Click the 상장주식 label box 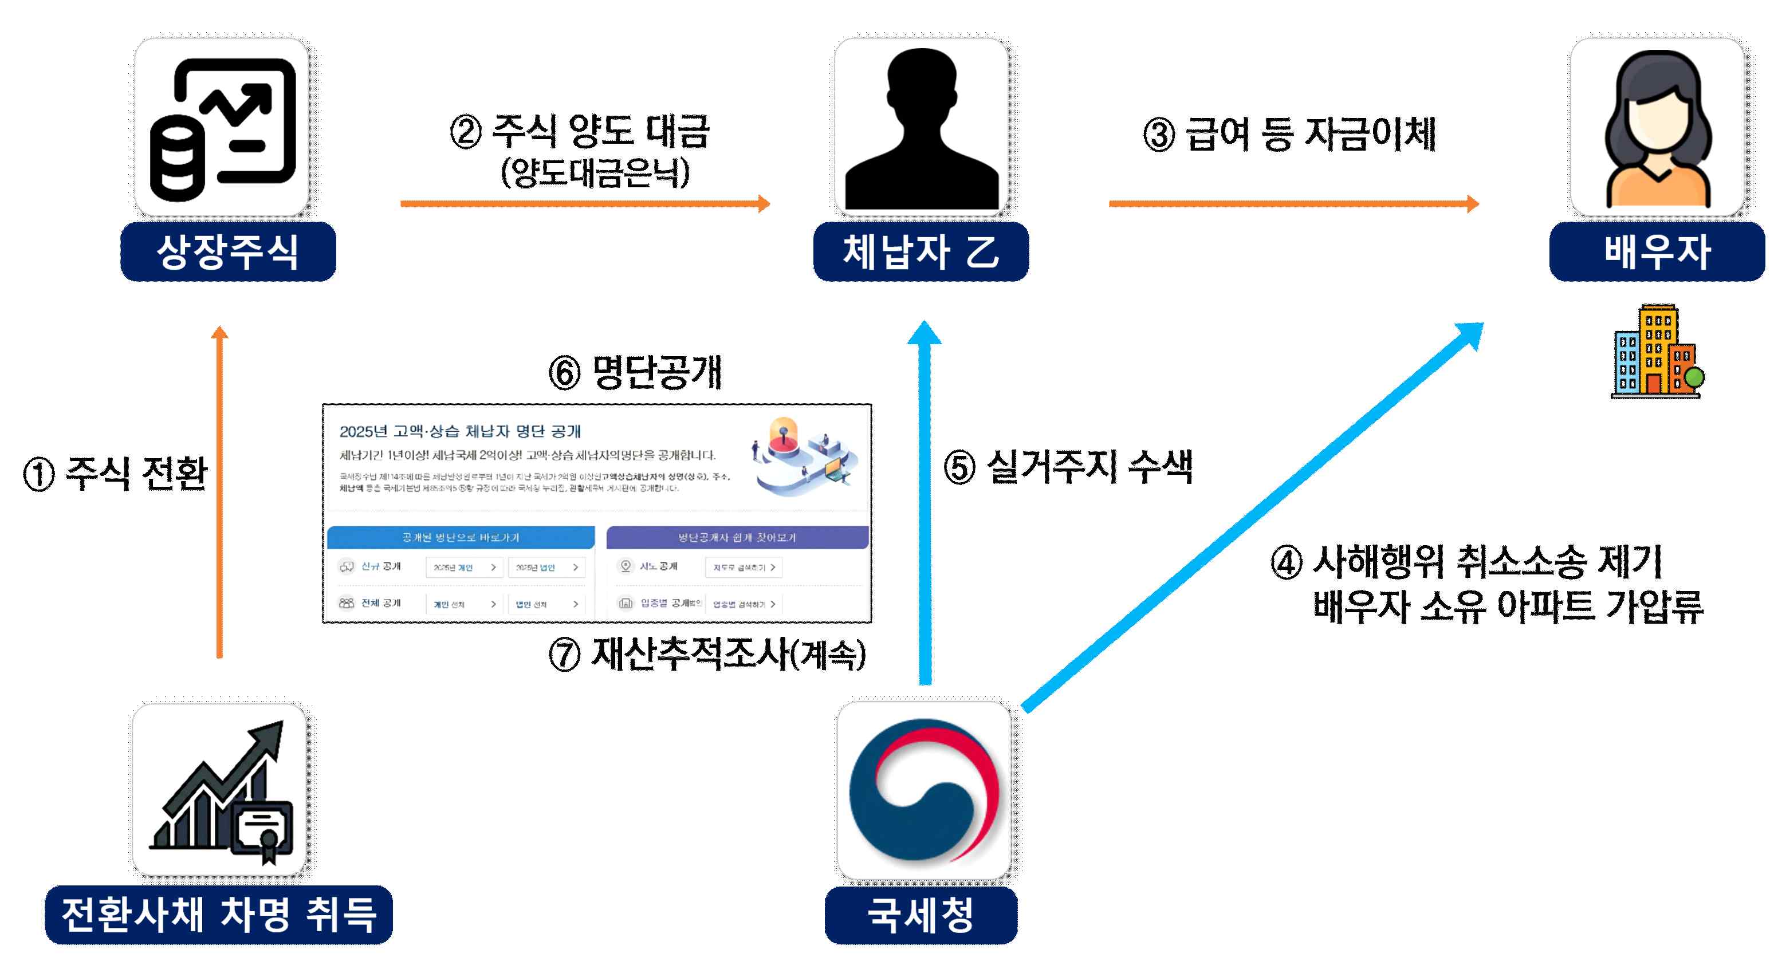(228, 251)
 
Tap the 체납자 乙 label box (921, 251)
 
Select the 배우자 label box (1657, 251)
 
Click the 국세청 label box (921, 915)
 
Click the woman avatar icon (1657, 128)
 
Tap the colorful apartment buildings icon (1657, 352)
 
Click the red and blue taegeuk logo (923, 790)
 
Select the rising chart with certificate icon (220, 790)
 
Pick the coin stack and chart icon (222, 128)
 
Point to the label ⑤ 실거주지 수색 (1068, 467)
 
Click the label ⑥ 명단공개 (635, 373)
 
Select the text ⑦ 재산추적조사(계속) (706, 653)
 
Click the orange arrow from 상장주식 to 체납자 (584, 203)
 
